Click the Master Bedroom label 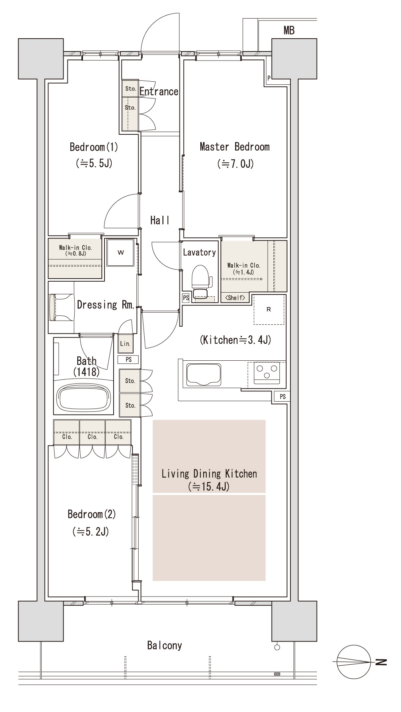pos(234,146)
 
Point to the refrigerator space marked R pos(269,310)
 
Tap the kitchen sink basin pos(203,374)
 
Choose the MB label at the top pos(289,31)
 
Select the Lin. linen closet pos(125,344)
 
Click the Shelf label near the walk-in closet pos(235,298)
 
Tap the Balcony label pos(164,645)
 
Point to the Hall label pos(159,220)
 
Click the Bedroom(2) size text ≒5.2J pos(91,532)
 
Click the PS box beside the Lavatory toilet pos(186,298)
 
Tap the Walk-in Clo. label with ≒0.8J pos(75,251)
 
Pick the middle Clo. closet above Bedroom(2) pos(92,432)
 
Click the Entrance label pos(159,91)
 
